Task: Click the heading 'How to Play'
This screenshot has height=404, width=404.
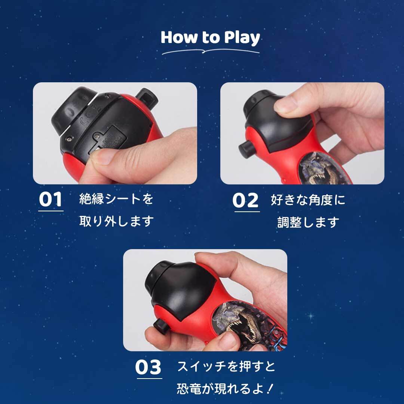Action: tap(210, 38)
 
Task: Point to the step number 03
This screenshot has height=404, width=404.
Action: tap(149, 367)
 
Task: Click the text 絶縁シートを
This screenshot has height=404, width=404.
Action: tap(116, 199)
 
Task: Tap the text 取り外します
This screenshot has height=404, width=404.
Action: tap(116, 221)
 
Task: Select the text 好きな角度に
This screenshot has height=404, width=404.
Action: tap(308, 200)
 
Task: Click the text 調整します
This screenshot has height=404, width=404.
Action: tap(308, 222)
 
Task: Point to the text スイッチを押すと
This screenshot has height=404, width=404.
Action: tap(226, 366)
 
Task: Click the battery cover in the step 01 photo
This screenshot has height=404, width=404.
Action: tap(110, 140)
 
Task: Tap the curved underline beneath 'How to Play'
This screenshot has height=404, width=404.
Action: tap(211, 52)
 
